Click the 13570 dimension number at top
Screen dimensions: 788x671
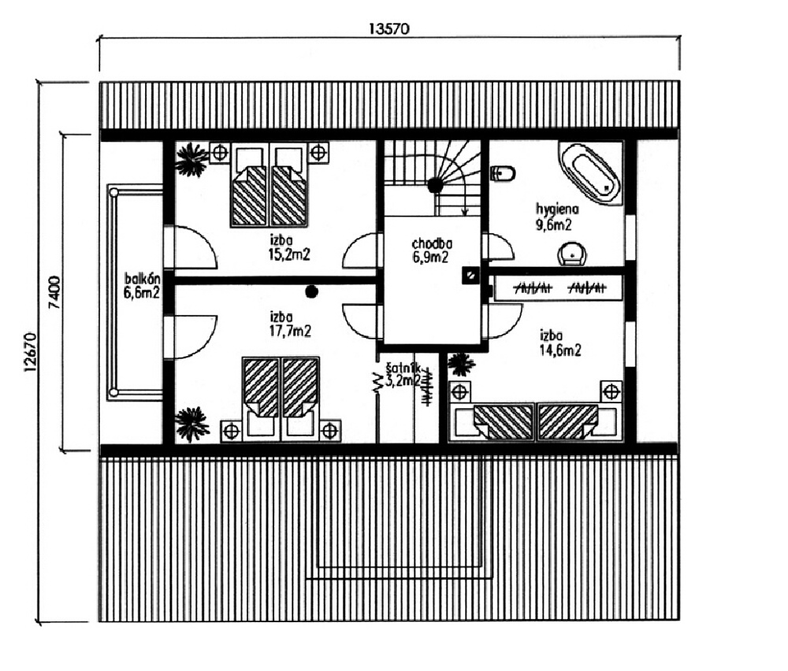389,28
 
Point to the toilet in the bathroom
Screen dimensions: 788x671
503,174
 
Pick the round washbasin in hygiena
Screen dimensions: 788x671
572,254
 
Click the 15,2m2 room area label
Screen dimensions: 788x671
289,254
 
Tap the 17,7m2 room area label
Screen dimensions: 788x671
290,331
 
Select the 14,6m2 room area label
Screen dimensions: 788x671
560,350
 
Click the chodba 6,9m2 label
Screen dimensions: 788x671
432,250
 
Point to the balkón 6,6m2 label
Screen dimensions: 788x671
142,286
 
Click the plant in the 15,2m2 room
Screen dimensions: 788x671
191,160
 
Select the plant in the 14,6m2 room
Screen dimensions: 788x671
460,364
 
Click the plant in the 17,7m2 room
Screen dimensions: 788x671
191,424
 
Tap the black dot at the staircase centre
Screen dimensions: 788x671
435,185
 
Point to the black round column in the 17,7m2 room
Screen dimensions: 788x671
311,291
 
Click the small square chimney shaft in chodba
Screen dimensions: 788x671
470,275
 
